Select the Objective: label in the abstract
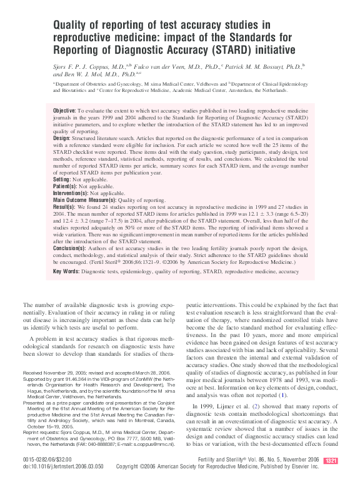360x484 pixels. pos(65,109)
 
